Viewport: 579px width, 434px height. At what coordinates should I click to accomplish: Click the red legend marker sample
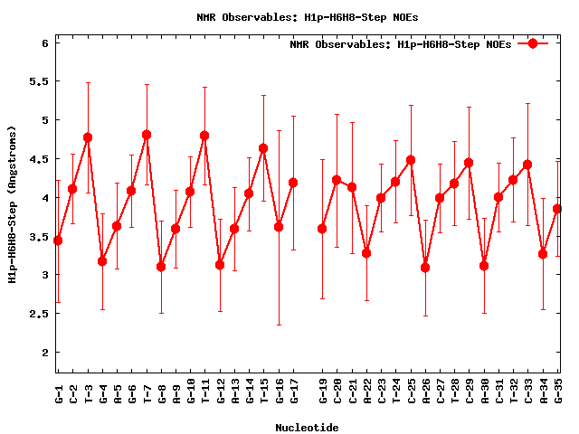tap(533, 43)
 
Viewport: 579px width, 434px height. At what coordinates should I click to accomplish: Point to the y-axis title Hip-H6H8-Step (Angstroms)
tap(12, 204)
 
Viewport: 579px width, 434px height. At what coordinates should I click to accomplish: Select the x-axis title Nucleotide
tap(308, 428)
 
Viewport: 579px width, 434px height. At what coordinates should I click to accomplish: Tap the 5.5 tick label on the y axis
tap(36, 81)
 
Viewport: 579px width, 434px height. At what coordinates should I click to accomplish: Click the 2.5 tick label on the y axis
tap(36, 314)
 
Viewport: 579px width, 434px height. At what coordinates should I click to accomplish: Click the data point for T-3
tap(88, 137)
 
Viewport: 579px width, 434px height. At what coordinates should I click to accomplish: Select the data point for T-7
tap(147, 135)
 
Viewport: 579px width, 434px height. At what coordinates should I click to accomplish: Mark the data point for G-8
tap(161, 267)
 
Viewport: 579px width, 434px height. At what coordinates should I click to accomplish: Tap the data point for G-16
tap(279, 227)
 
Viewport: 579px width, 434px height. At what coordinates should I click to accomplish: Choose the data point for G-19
tap(322, 229)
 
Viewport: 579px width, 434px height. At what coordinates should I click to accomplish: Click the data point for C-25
tap(411, 160)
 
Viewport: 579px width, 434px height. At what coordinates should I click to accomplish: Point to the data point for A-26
tap(425, 268)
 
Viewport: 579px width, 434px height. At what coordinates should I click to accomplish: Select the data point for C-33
tap(527, 165)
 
